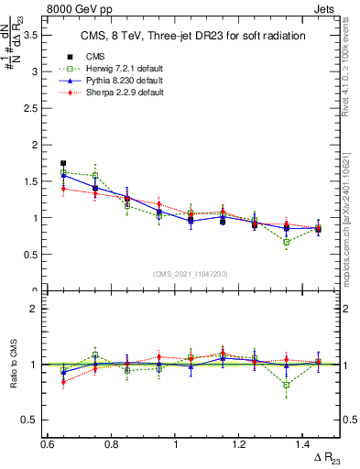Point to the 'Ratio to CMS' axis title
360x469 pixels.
12,365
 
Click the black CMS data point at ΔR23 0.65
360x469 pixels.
63,163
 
